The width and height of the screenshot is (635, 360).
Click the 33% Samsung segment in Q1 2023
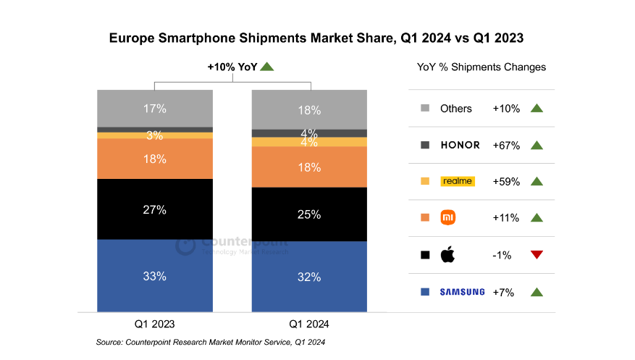155,276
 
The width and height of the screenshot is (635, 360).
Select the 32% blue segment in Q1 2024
309,276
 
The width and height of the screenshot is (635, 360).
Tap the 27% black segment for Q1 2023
155,209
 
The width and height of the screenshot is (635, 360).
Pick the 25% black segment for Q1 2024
309,214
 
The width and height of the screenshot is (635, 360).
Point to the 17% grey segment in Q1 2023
155,109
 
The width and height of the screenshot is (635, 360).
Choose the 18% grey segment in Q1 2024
309,109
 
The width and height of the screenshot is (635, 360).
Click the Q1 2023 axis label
155,325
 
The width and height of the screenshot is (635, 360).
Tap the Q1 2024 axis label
309,325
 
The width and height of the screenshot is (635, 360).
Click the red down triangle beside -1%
537,254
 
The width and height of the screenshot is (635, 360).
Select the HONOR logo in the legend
460,145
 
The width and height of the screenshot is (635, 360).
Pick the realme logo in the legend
457,181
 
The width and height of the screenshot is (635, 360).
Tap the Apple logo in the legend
447,254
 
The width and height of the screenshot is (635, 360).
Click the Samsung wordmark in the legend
462,292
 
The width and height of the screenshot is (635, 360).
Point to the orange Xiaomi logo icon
447,217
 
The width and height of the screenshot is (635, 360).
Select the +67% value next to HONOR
506,145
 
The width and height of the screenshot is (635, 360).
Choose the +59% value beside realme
506,182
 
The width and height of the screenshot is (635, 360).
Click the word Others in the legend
456,109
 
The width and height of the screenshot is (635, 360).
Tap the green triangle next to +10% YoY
266,67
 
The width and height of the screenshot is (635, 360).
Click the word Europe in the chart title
133,37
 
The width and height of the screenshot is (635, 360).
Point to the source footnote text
215,341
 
